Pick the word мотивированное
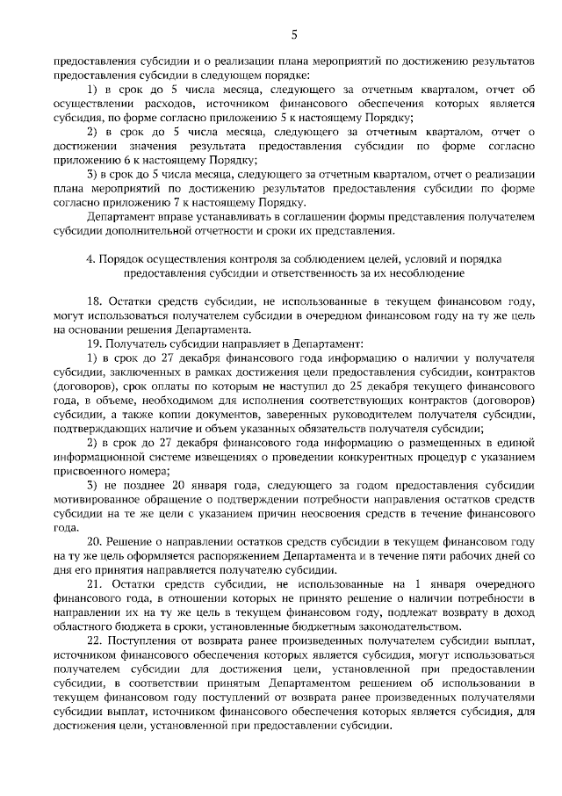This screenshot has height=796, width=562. pyautogui.click(x=97, y=500)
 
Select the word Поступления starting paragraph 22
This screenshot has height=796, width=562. pyautogui.click(x=147, y=641)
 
